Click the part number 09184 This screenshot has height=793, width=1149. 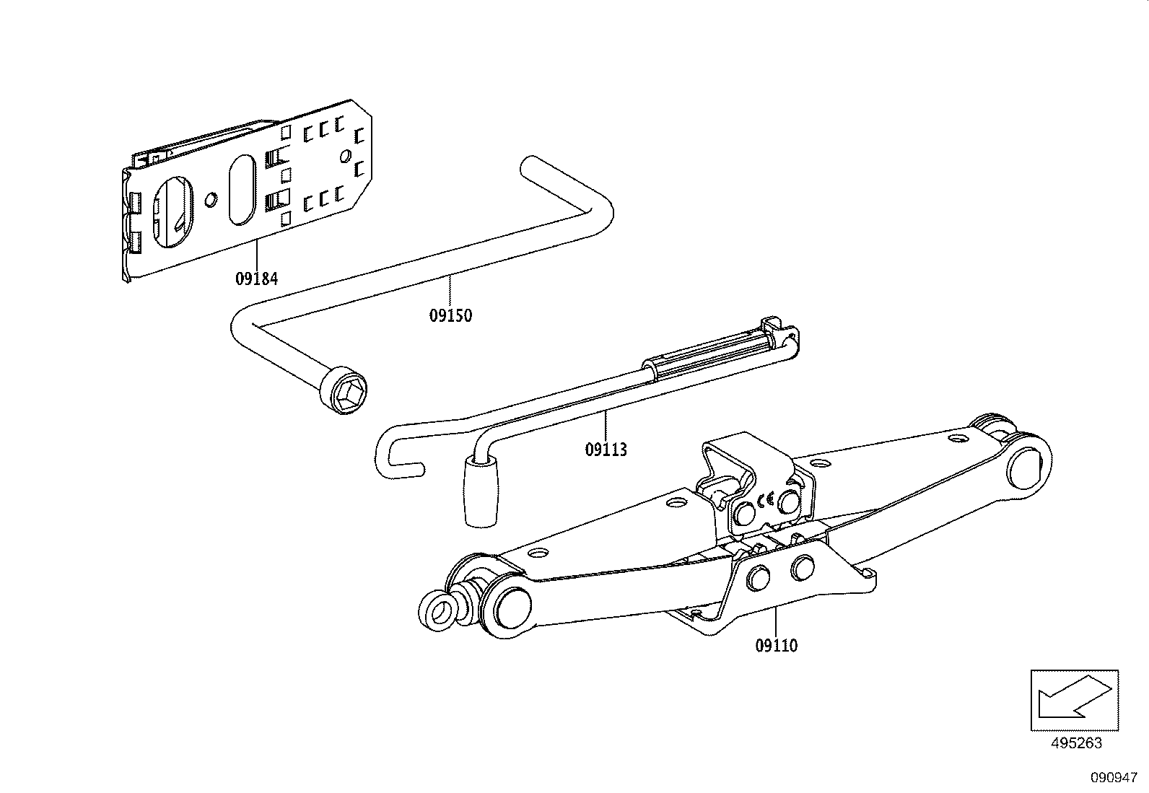(x=256, y=278)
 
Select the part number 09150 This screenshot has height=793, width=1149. (x=450, y=315)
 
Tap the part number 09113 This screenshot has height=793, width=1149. (x=606, y=450)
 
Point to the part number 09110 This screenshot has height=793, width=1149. (x=777, y=645)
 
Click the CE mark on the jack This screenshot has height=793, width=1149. (x=766, y=498)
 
